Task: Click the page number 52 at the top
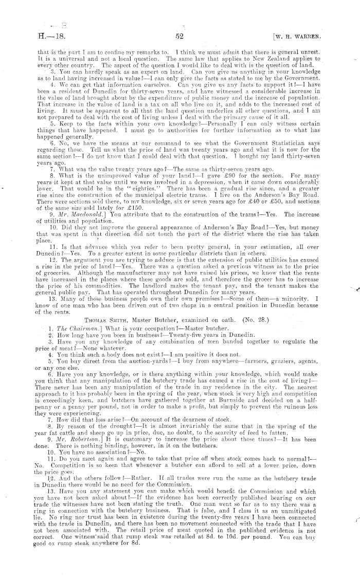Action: coord(179,37)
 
